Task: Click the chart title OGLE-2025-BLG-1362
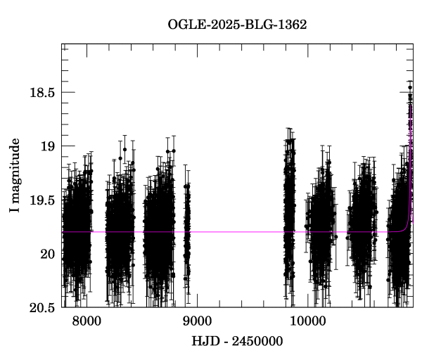pos(237,23)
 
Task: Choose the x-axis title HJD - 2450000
pos(237,342)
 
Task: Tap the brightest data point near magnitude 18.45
pos(410,87)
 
